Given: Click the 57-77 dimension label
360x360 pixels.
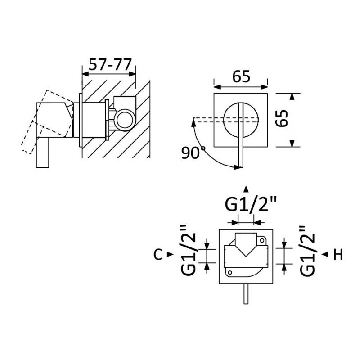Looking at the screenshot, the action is (x=110, y=64).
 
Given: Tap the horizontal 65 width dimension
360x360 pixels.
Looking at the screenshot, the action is (x=241, y=76).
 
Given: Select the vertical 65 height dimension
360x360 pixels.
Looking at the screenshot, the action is (x=282, y=118).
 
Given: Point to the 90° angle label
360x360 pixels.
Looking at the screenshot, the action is (x=193, y=153).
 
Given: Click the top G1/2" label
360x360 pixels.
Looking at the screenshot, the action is (x=250, y=204).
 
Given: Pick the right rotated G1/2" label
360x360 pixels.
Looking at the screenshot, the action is (x=307, y=251).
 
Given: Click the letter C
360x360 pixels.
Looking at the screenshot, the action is (x=158, y=254).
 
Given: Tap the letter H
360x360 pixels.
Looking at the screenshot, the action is (x=338, y=254).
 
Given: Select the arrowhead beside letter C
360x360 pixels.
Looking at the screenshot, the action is (x=170, y=254).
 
